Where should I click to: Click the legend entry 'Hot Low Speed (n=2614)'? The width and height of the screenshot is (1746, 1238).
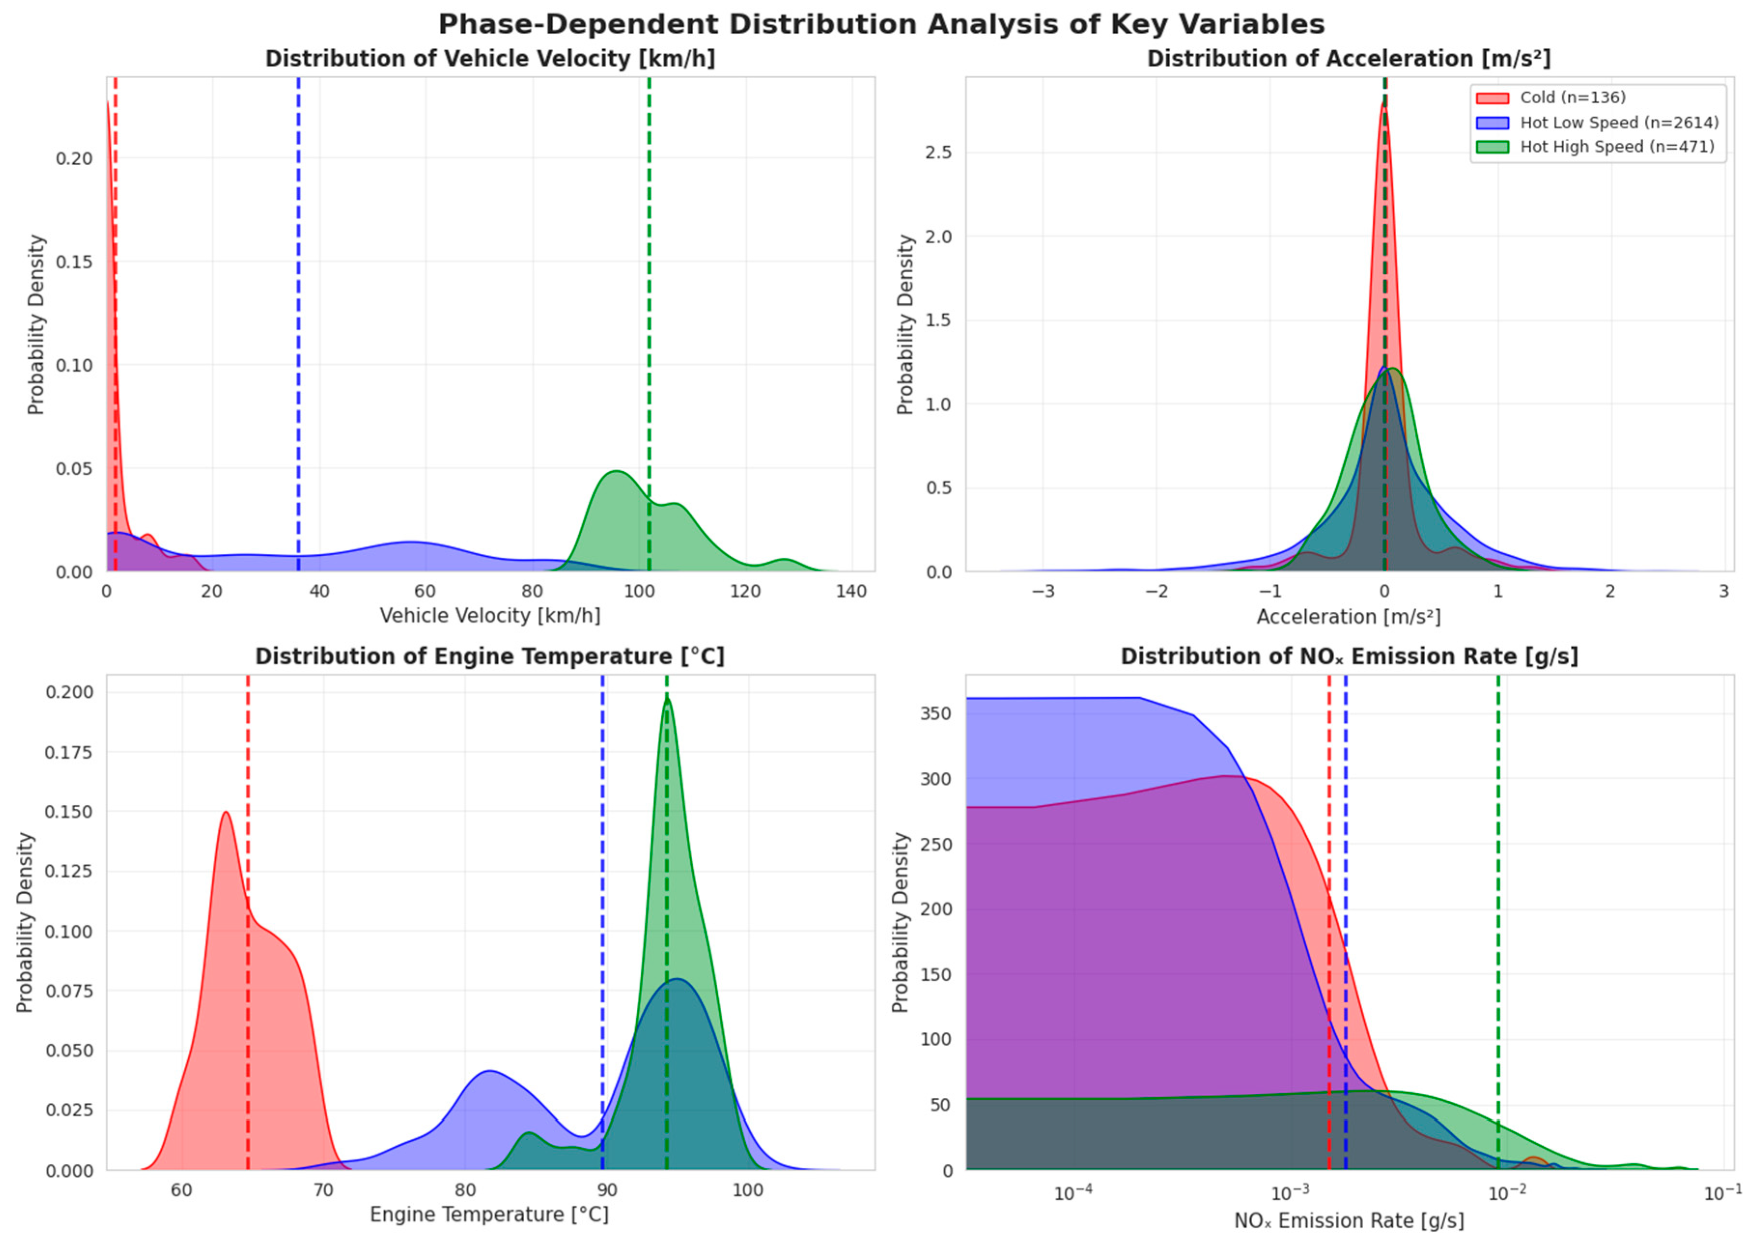click(x=1618, y=122)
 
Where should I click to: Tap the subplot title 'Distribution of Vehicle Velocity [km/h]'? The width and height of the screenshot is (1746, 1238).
click(x=489, y=59)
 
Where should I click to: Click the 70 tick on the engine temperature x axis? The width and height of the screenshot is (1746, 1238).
click(x=323, y=1190)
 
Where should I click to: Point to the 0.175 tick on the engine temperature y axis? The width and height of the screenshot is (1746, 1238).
click(x=70, y=752)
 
